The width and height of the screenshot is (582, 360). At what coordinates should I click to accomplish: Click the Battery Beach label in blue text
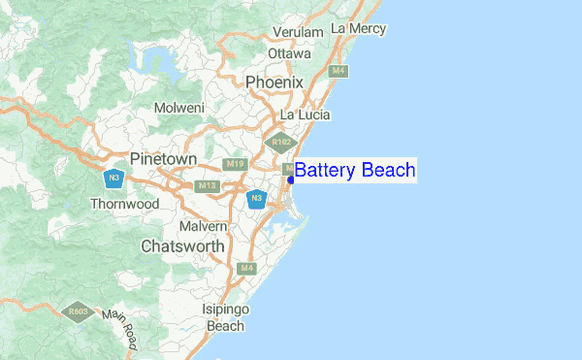(355, 171)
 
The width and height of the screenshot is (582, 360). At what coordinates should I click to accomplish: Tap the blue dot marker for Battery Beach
(291, 180)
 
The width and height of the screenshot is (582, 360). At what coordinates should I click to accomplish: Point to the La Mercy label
(358, 29)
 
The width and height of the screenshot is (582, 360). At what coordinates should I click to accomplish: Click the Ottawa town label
(289, 53)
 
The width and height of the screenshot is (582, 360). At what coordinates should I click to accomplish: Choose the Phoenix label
(275, 82)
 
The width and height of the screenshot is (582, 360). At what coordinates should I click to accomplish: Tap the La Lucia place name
(305, 115)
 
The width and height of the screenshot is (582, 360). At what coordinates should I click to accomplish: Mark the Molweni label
(178, 107)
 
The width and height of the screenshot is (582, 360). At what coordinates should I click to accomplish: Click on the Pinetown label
(163, 158)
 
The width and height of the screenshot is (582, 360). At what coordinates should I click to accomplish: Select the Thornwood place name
(124, 205)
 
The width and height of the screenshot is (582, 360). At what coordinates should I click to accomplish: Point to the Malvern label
(203, 226)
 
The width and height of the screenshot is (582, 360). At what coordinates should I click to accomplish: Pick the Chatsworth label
(182, 246)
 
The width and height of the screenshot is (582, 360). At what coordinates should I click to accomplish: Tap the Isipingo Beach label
(226, 317)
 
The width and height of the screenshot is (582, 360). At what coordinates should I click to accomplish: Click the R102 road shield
(281, 143)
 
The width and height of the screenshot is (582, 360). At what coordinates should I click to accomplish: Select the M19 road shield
(234, 164)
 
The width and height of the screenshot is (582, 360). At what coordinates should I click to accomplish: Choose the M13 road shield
(207, 185)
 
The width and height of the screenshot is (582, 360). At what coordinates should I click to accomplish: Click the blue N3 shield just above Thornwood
(114, 180)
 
